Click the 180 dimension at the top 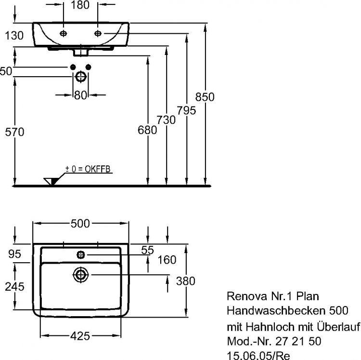coord(80,6)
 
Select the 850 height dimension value coord(205,97)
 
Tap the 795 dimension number coord(186,110)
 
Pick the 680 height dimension coord(147,130)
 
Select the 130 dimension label coord(14,35)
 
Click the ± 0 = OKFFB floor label coord(89,169)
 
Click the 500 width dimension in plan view coord(80,223)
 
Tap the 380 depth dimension coord(185,281)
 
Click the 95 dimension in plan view coord(14,253)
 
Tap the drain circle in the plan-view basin coord(80,275)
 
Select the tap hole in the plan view coord(80,253)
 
